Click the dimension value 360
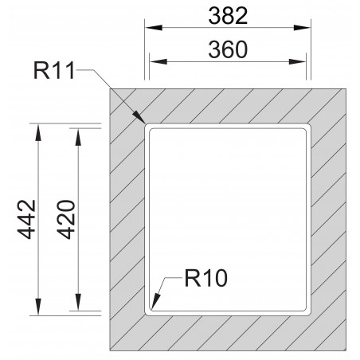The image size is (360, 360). pyautogui.click(x=228, y=49)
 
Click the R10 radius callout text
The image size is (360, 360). pyautogui.click(x=205, y=279)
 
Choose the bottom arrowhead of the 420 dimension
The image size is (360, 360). pyautogui.click(x=78, y=305)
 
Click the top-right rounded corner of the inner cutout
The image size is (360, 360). pyautogui.click(x=306, y=126)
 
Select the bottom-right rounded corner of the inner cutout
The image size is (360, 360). pyautogui.click(x=306, y=307)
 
